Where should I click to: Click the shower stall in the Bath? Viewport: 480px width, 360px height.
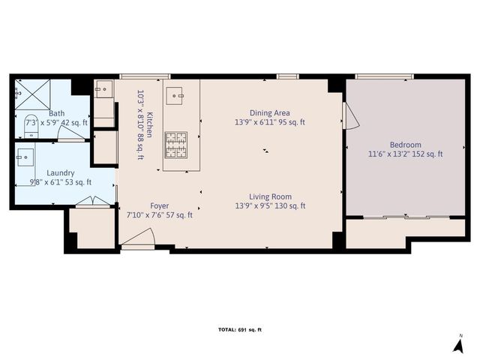(x=31, y=95)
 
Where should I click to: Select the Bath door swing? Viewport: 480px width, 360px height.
(x=71, y=133)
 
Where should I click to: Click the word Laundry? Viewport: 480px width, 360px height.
(x=60, y=172)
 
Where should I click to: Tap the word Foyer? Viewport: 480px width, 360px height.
(x=159, y=205)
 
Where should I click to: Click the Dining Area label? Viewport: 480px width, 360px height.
(x=269, y=112)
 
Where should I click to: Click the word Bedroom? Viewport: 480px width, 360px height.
(x=405, y=145)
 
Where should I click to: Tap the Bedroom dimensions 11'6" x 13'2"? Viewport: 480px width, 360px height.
(x=405, y=154)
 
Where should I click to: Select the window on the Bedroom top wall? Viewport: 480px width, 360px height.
(x=384, y=76)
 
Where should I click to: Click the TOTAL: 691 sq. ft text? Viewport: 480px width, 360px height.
(x=240, y=330)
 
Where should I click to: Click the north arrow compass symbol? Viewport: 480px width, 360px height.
(x=458, y=344)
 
